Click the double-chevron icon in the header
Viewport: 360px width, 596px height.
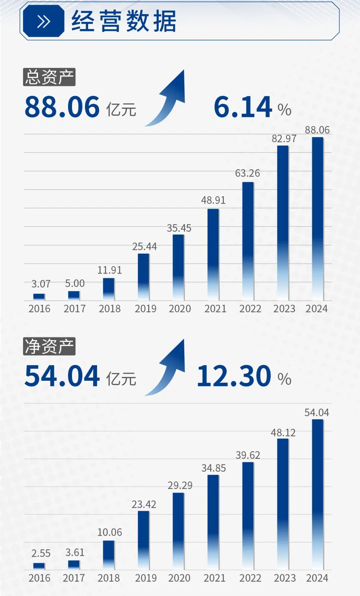[x=43, y=22]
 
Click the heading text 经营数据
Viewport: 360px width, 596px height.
[x=124, y=21]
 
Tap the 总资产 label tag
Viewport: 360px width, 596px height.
[x=49, y=77]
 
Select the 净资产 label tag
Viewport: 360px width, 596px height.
[x=49, y=346]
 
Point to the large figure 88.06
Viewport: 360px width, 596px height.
[x=62, y=107]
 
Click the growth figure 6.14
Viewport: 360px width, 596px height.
[x=243, y=107]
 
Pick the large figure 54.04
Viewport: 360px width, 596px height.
[x=62, y=376]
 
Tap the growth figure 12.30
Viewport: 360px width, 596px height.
[x=234, y=376]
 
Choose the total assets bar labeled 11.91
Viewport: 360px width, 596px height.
[x=109, y=289]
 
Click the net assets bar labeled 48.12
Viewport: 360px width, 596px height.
[x=283, y=504]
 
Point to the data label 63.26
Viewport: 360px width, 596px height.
[x=247, y=173]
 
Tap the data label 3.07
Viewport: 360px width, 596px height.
[x=41, y=284]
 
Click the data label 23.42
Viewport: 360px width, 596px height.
[x=144, y=504]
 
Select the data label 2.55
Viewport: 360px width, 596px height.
[x=41, y=553]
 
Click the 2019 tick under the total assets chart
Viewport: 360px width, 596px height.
[x=145, y=309]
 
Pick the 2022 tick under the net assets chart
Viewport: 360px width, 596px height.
[x=250, y=578]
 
